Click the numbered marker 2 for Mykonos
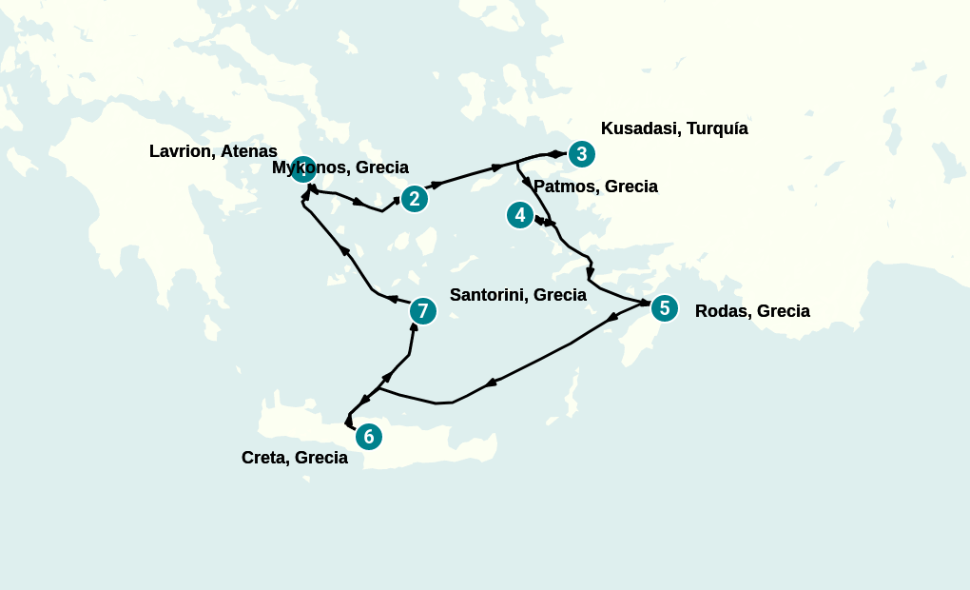tap(414, 198)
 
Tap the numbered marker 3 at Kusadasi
tap(581, 153)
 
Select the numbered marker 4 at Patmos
tap(519, 215)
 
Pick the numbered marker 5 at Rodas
tap(664, 307)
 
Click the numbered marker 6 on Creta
tap(368, 436)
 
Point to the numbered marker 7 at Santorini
tap(422, 310)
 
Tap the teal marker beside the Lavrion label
tap(302, 169)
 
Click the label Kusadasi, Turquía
tap(674, 128)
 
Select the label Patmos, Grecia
tap(595, 187)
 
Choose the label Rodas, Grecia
tap(752, 311)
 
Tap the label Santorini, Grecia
tap(517, 295)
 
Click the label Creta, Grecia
tap(294, 458)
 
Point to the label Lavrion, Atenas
tap(213, 151)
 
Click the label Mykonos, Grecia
tap(339, 167)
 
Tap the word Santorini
tap(487, 295)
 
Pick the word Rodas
tap(721, 311)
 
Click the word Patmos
tap(564, 187)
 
